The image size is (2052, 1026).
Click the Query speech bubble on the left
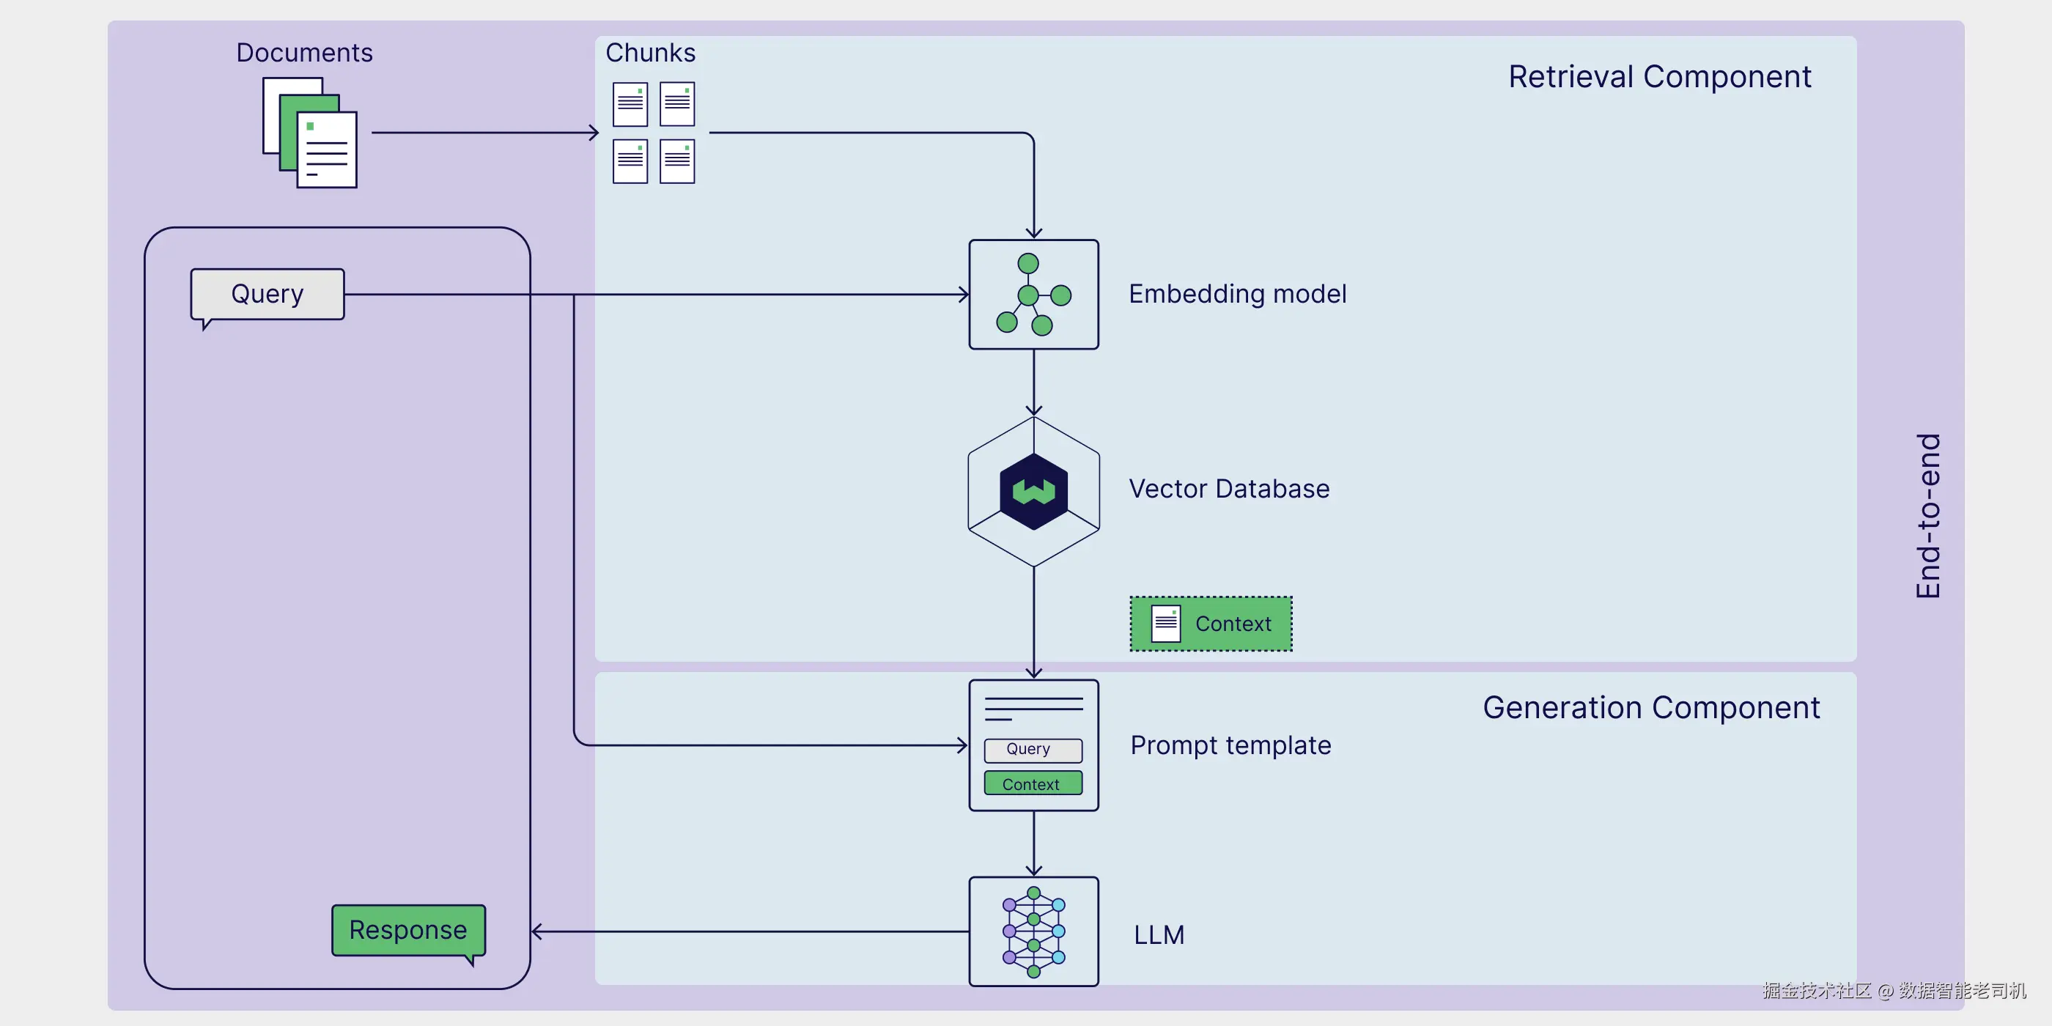(x=267, y=295)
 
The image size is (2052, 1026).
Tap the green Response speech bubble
(x=408, y=929)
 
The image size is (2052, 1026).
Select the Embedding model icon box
(x=1033, y=295)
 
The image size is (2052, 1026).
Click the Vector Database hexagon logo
(x=1033, y=492)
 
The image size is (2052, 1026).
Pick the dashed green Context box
(x=1211, y=624)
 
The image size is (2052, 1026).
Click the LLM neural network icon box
(x=1033, y=931)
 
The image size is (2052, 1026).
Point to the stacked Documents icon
(x=310, y=133)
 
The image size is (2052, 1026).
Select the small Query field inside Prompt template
(x=1033, y=750)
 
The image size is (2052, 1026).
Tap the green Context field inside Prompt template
(x=1033, y=784)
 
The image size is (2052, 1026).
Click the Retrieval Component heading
(x=1659, y=77)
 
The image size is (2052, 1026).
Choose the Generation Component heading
(x=1650, y=707)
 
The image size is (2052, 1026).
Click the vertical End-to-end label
(x=1927, y=516)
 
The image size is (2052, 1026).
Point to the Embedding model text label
(x=1237, y=294)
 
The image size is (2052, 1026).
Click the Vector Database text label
(x=1229, y=488)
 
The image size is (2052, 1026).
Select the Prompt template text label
(x=1230, y=745)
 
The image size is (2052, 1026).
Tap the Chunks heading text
(x=650, y=53)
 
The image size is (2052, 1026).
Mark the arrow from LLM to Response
(x=749, y=931)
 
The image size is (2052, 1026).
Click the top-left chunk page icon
(x=630, y=104)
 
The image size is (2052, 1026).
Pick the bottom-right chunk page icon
(x=677, y=162)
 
